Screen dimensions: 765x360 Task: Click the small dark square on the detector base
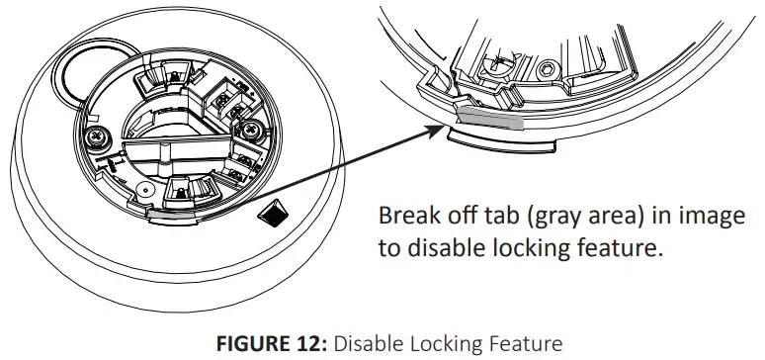[x=268, y=210]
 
